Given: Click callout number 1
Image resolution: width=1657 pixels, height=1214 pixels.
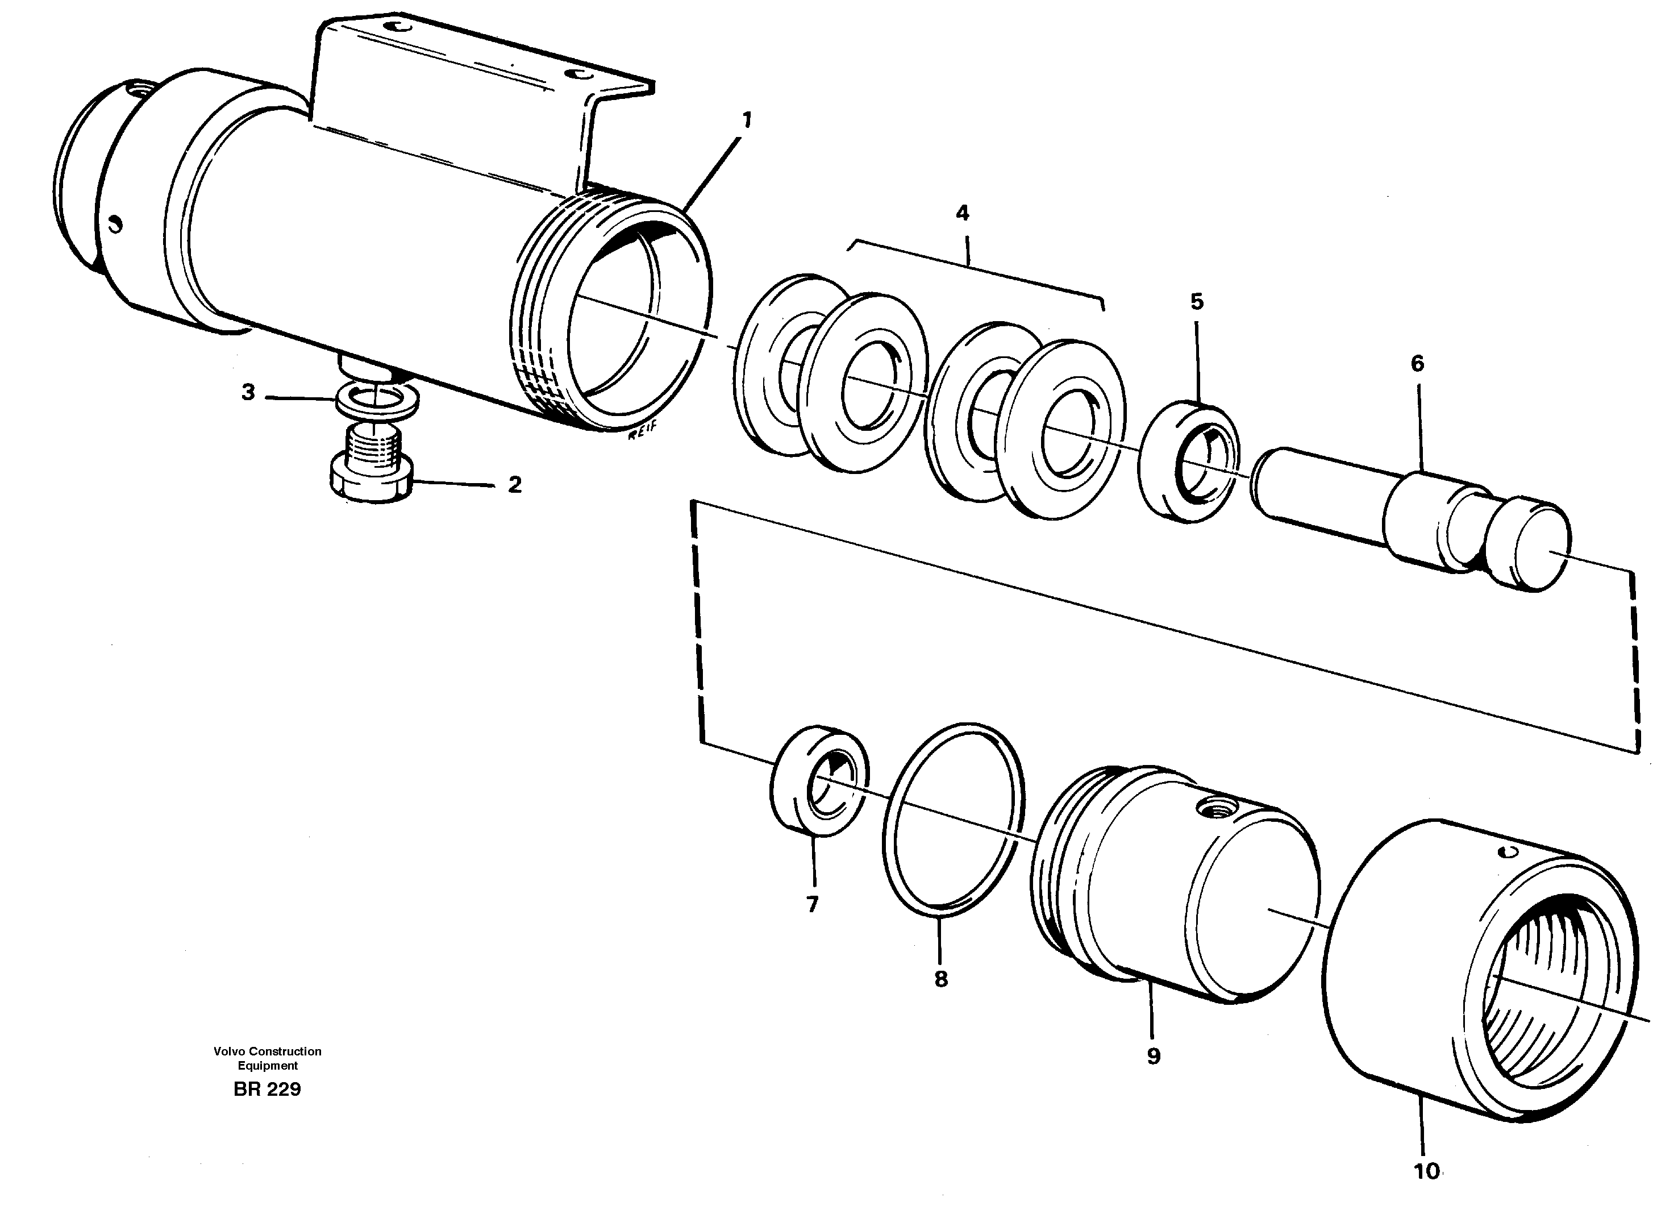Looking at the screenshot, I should pos(747,120).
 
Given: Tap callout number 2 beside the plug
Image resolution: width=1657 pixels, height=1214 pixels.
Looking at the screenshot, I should pos(514,484).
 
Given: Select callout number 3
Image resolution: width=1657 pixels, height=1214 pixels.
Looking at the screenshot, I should pos(248,392).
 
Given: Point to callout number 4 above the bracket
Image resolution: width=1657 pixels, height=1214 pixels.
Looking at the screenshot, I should pos(962,213).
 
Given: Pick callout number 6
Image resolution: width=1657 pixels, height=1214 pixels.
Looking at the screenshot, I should pos(1417,363).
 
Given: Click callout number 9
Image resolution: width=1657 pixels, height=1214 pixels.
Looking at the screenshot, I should pos(1153,1057).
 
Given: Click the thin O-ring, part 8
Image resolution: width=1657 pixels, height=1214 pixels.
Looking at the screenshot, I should pos(952,821).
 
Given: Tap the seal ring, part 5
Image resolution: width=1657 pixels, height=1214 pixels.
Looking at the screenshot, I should pos(1188,462).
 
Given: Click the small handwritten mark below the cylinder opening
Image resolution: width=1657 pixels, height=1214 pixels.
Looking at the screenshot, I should pos(641,434).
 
